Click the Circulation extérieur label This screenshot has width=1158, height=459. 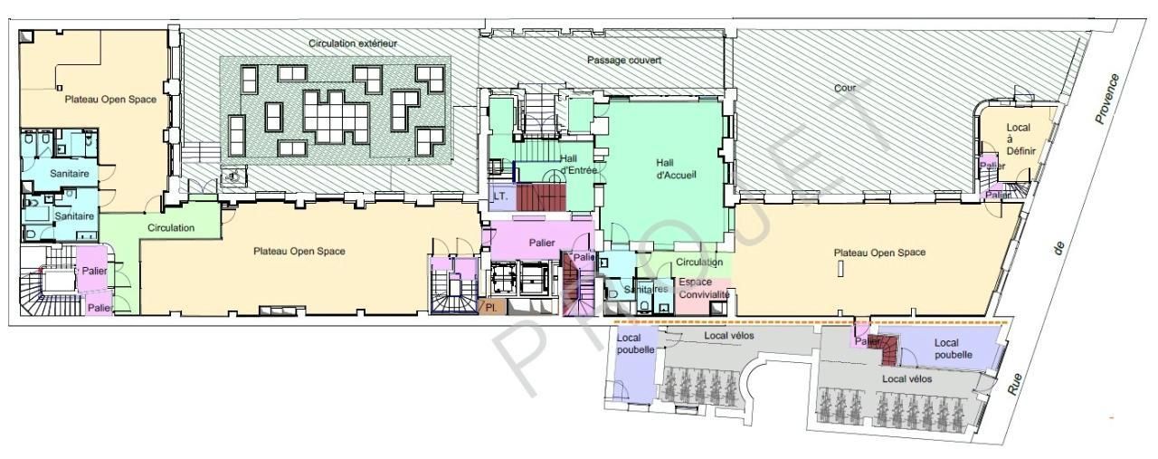(x=353, y=43)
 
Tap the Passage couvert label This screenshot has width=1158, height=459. (x=624, y=60)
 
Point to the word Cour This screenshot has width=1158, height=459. (x=845, y=88)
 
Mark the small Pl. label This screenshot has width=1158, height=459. (x=492, y=308)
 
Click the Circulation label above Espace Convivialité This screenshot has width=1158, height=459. (x=699, y=263)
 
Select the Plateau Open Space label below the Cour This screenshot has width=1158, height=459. (x=879, y=253)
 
